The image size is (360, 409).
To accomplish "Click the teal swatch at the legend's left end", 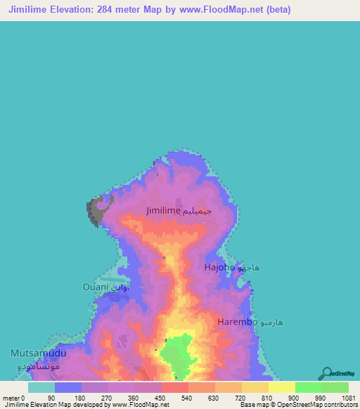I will (41, 387).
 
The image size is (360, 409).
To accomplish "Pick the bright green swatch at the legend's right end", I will (335, 387).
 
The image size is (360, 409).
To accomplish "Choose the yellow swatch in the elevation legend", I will (281, 387).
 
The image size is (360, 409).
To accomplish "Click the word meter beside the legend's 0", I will (11, 398).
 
